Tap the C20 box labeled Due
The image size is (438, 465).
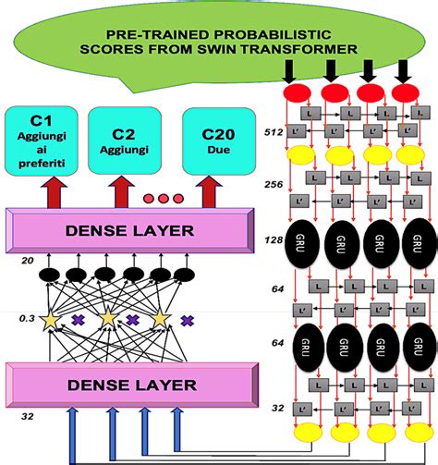coord(216,143)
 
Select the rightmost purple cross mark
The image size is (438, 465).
coord(187,320)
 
